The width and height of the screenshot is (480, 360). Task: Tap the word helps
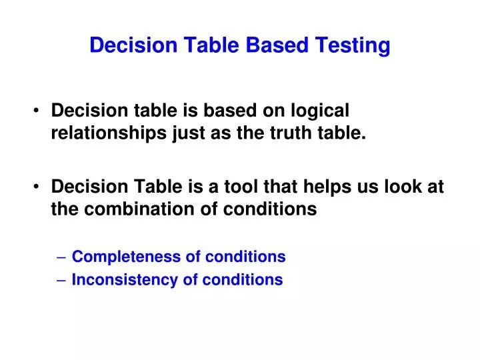click(325, 187)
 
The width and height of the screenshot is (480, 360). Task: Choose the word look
click(402, 187)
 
